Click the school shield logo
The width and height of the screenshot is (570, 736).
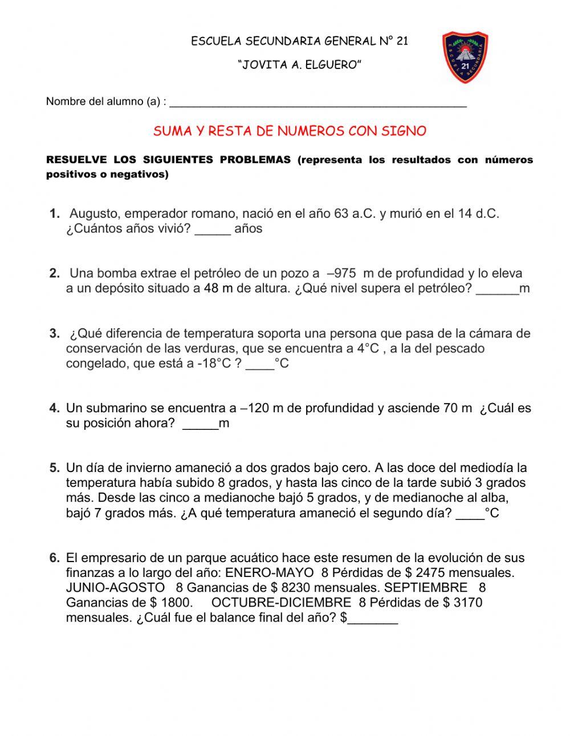click(465, 58)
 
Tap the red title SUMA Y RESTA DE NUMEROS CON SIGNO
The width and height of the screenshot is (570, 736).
click(290, 131)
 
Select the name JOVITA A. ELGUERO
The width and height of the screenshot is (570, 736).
click(300, 65)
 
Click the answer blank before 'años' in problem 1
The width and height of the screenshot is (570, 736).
click(213, 230)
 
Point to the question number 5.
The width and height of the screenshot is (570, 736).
click(54, 468)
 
